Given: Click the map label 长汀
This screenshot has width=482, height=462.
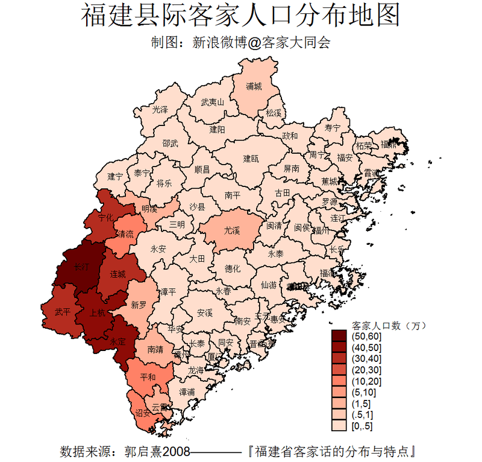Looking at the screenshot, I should (81, 266).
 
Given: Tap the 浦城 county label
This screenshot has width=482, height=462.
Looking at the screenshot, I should (254, 86).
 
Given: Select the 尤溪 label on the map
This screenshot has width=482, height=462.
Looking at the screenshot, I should (232, 230).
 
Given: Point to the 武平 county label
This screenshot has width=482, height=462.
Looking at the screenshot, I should (62, 312).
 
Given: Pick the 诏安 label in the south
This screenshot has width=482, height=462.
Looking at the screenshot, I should (143, 413).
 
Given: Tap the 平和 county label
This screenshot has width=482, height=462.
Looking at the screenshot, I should (148, 378).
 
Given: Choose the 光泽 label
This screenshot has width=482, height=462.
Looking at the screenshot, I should (160, 110).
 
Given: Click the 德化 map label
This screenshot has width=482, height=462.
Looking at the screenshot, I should (232, 268).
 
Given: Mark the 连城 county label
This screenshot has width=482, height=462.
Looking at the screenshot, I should (118, 274).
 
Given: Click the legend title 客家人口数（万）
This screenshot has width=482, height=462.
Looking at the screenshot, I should (389, 325).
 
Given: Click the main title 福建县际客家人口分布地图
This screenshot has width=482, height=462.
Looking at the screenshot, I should (240, 16).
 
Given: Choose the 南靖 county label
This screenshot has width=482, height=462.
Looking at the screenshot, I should (150, 349).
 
